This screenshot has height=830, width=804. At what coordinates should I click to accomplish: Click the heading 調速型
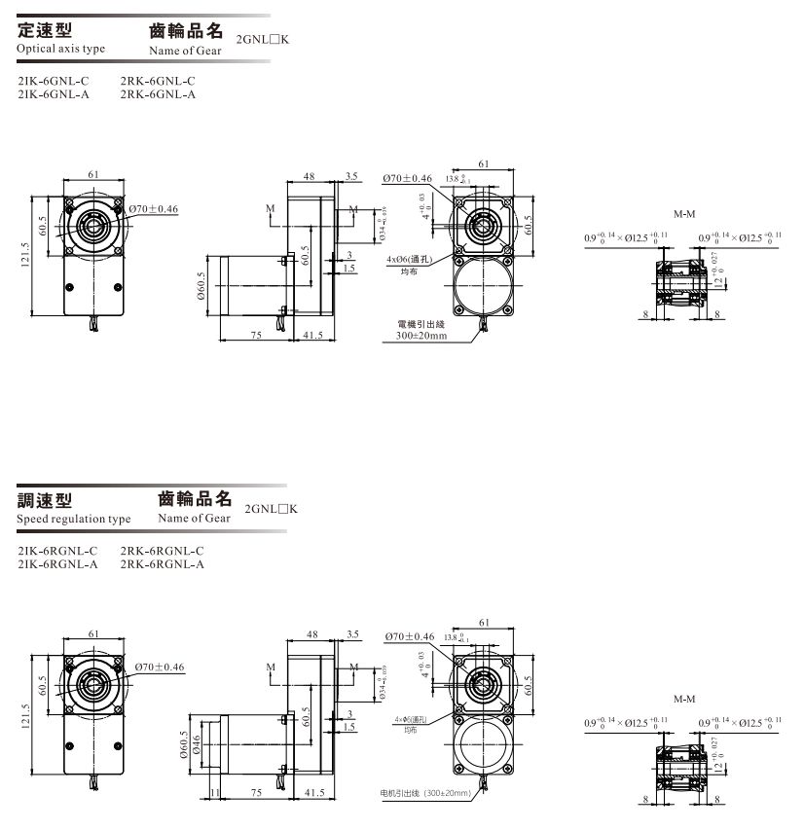(46, 501)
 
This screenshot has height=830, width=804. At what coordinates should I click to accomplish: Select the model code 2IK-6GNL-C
(54, 81)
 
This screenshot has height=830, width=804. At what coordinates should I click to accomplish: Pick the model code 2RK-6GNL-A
(159, 94)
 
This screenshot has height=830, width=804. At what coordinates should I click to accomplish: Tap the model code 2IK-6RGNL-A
(57, 564)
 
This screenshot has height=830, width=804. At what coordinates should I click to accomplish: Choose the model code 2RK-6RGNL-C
(163, 551)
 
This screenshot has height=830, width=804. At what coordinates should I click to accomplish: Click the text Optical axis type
(60, 49)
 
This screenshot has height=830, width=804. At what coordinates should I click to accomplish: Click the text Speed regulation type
(74, 520)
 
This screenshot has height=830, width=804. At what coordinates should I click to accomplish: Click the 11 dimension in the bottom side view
(215, 793)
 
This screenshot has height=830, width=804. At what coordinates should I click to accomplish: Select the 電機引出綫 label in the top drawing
(420, 324)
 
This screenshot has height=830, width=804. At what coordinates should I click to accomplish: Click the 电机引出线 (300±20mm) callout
(426, 794)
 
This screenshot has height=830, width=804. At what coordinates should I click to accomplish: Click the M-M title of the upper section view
(683, 213)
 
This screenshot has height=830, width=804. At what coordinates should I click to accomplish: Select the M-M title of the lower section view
(683, 699)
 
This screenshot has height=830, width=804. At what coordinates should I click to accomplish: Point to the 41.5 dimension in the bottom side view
(314, 793)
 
